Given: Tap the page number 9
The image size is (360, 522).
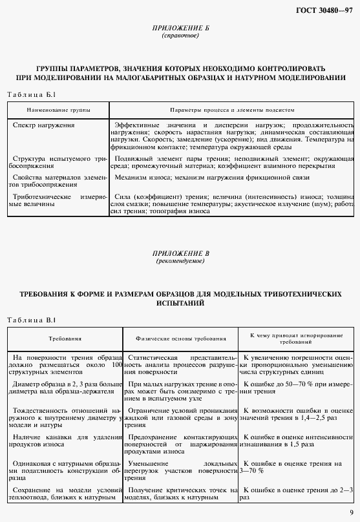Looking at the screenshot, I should [350, 512].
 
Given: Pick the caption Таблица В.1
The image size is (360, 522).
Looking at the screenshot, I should [27, 320].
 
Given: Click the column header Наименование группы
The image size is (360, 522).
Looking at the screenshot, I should [59, 110].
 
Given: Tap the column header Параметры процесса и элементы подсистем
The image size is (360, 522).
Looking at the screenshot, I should [231, 110].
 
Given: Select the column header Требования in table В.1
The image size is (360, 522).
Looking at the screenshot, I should [64, 339].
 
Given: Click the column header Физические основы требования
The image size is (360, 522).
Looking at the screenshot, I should [181, 339].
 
